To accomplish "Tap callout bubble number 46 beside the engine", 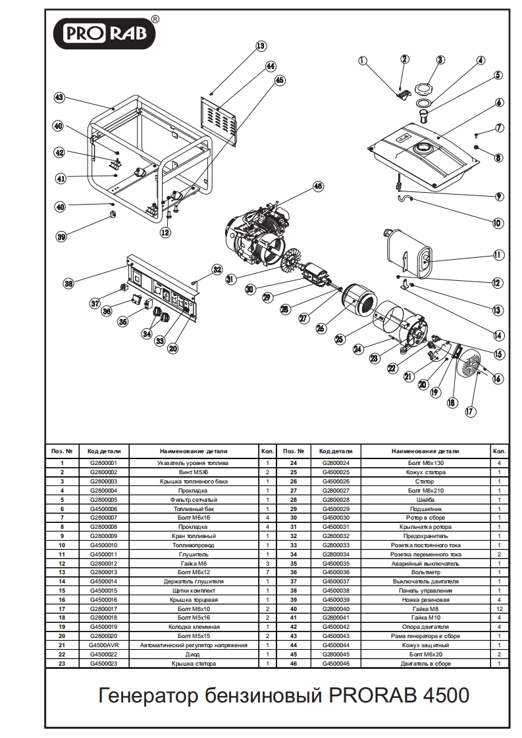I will pyautogui.click(x=318, y=187).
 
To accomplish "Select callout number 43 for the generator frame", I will pyautogui.click(x=59, y=97).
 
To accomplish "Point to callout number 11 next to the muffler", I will pyautogui.click(x=497, y=255).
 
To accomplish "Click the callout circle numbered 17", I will pyautogui.click(x=469, y=412).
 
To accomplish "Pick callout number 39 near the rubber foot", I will pyautogui.click(x=61, y=237).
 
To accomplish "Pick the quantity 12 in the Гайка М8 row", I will pyautogui.click(x=499, y=609).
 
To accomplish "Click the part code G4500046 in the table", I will pyautogui.click(x=336, y=664).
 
